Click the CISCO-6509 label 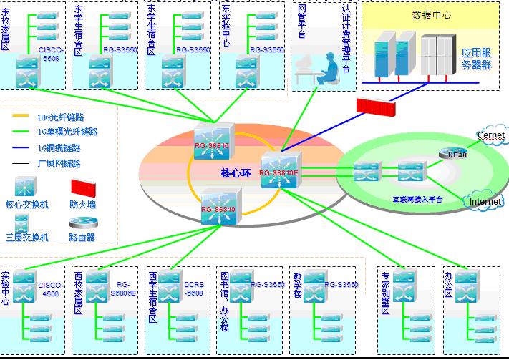click(51, 55)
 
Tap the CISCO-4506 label click(50, 288)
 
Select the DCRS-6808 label click(194, 288)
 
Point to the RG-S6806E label click(122, 288)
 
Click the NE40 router click(457, 152)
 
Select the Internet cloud click(485, 202)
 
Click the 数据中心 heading click(431, 14)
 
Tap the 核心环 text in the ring click(236, 173)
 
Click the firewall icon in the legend click(82, 188)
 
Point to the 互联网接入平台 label click(417, 200)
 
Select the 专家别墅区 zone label click(385, 293)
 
